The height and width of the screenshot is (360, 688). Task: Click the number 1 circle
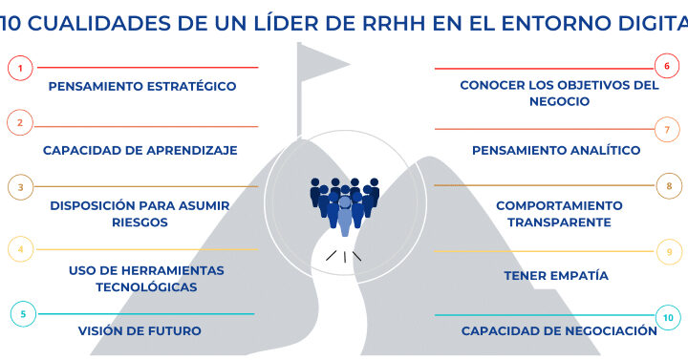tap(20, 68)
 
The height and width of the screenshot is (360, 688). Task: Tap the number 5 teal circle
tap(23, 314)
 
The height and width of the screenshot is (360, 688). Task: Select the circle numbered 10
tap(668, 317)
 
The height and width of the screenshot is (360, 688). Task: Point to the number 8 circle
tap(669, 186)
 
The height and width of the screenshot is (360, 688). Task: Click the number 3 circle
tap(21, 187)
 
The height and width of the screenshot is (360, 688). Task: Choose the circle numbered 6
tap(667, 66)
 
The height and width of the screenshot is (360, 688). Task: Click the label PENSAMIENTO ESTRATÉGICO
tap(142, 86)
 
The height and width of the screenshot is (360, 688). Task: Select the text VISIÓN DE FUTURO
tap(140, 330)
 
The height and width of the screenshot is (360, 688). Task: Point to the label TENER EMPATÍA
tap(556, 275)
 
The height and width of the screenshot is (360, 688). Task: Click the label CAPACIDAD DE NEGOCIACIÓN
tap(559, 330)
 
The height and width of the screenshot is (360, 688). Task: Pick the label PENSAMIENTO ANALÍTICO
tap(556, 150)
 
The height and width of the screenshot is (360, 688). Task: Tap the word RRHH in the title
tap(394, 23)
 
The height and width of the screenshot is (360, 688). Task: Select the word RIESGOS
tap(140, 222)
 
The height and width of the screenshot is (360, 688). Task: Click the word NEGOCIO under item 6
tap(559, 101)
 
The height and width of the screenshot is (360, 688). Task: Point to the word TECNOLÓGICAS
tap(146, 286)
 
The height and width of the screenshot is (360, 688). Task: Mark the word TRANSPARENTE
tap(559, 222)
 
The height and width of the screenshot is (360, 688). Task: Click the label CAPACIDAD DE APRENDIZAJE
tap(140, 150)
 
